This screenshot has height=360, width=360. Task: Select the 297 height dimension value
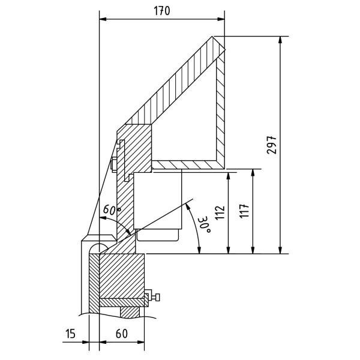(272, 145)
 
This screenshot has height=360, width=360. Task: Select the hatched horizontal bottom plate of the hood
(186, 164)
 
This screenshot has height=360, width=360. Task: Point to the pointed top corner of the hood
(213, 38)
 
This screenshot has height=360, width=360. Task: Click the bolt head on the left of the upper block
(114, 163)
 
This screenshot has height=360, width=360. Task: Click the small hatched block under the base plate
(130, 312)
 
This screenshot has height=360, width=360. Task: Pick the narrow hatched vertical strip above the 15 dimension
(94, 282)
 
